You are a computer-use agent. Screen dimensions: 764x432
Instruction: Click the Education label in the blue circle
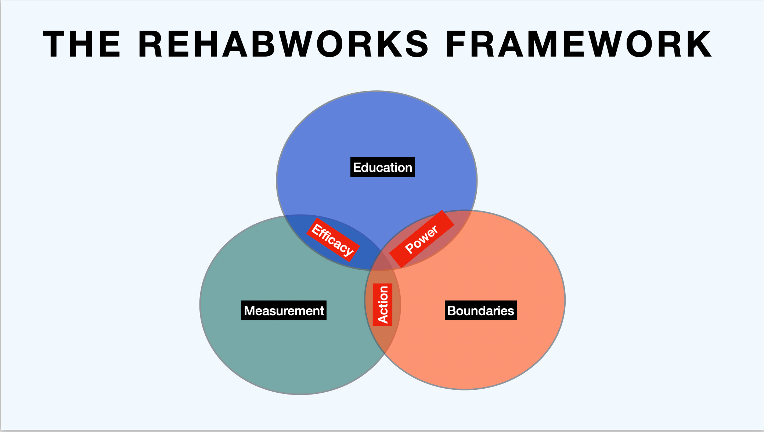(x=382, y=168)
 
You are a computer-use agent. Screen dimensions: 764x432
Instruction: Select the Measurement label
(x=284, y=311)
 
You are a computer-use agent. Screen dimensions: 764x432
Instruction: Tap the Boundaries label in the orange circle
(x=480, y=311)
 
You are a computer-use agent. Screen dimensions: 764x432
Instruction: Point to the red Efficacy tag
(x=333, y=240)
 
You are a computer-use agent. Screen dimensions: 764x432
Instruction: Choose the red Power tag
(x=422, y=239)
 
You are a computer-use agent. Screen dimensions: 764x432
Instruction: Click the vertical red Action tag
(x=383, y=305)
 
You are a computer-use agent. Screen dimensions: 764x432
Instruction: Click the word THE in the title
(x=82, y=44)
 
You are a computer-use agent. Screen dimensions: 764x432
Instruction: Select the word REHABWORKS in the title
(x=283, y=44)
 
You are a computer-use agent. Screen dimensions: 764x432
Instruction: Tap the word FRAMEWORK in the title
(x=579, y=44)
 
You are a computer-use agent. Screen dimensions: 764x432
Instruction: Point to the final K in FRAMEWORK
(x=699, y=44)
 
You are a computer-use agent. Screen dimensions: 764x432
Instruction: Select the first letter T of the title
(x=55, y=44)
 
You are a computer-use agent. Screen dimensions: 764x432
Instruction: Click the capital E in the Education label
(x=357, y=168)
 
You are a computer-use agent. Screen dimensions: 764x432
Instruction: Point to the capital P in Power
(x=409, y=248)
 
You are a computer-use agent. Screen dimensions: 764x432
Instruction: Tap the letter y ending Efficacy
(x=349, y=251)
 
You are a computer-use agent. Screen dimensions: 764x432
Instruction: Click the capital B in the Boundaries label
(x=452, y=311)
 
